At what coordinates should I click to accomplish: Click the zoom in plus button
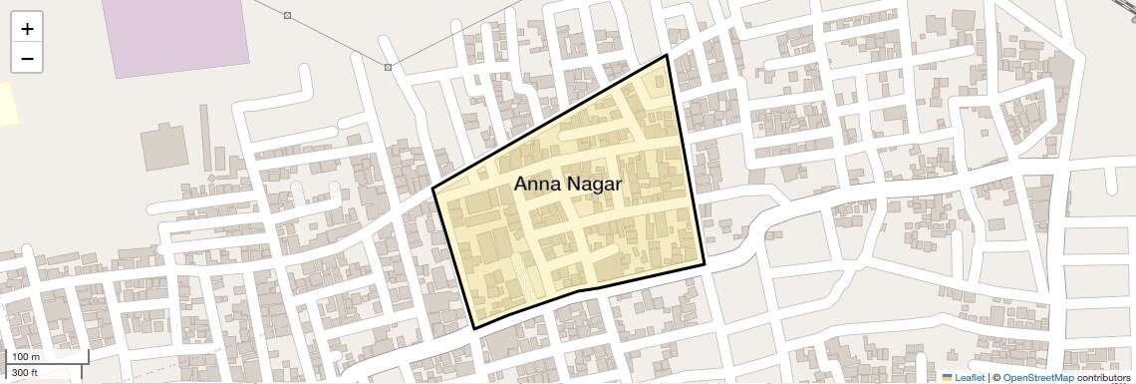click(27, 29)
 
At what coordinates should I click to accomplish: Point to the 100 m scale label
click(26, 357)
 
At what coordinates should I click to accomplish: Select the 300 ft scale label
click(26, 372)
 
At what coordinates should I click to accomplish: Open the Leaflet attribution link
click(970, 377)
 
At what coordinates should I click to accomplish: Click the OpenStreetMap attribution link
click(1037, 377)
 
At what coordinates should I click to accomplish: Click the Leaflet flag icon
click(948, 377)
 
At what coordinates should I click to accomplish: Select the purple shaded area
click(179, 35)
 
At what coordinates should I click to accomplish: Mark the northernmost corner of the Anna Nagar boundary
click(666, 55)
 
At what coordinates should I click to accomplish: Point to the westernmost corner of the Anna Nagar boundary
click(432, 189)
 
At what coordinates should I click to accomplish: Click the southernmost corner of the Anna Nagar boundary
click(474, 328)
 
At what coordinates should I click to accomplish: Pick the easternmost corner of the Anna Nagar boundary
click(705, 264)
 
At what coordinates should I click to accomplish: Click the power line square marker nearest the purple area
click(287, 15)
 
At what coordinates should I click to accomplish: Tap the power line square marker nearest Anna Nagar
click(388, 67)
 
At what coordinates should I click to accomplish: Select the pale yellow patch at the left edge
click(8, 104)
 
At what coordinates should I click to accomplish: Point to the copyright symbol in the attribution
click(995, 377)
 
